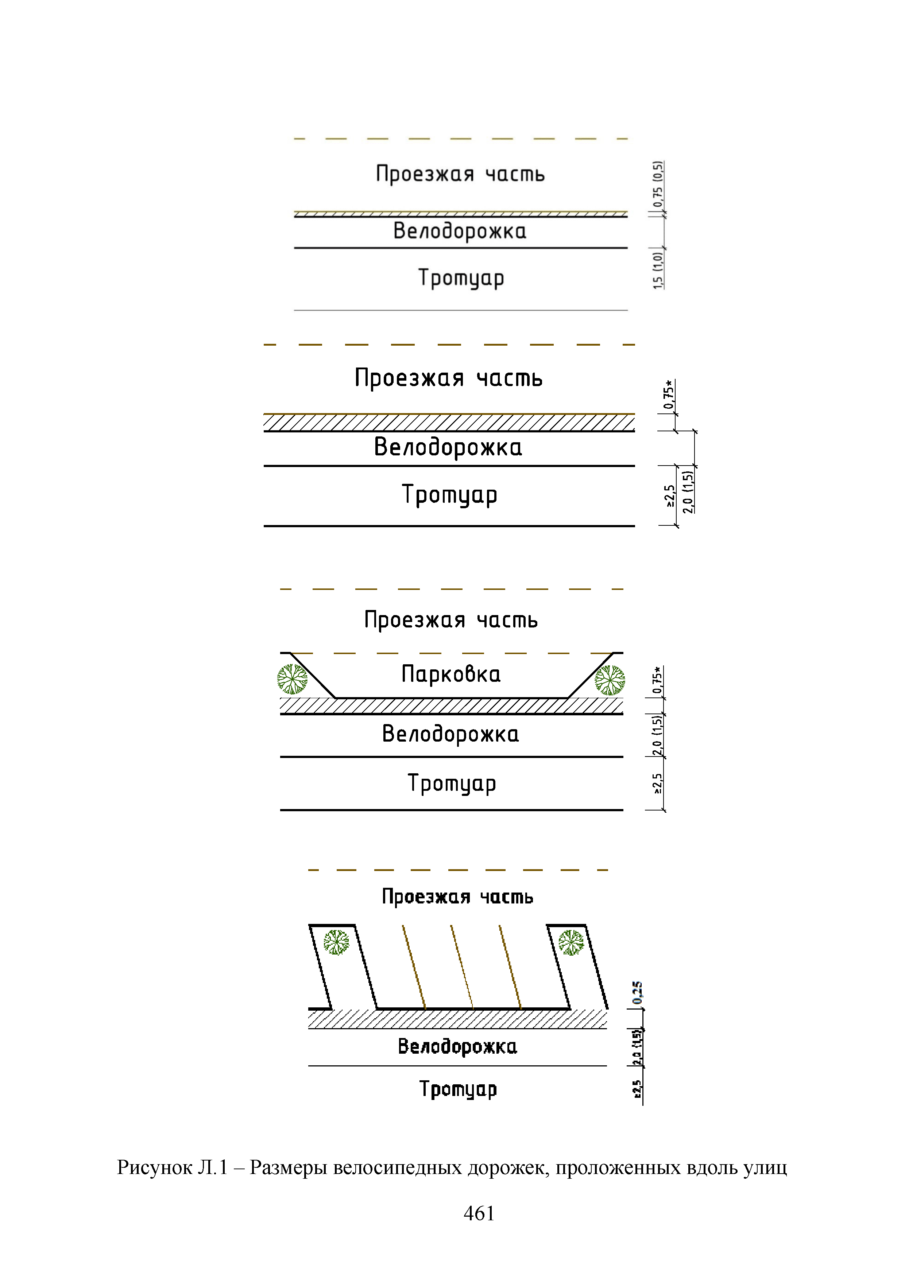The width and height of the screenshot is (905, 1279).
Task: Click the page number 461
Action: (479, 1213)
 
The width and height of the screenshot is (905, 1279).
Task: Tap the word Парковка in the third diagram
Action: (451, 674)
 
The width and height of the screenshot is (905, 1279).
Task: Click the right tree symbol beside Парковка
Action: (610, 680)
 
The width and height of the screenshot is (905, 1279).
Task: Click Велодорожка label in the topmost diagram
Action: (460, 231)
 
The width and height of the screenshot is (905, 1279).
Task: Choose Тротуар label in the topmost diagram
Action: (461, 278)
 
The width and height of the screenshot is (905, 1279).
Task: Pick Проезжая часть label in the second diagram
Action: (449, 378)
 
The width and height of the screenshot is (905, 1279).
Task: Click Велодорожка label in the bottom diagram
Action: (457, 1046)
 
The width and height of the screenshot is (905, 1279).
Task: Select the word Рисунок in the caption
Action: (154, 1167)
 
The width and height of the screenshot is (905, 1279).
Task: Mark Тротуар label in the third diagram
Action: (451, 783)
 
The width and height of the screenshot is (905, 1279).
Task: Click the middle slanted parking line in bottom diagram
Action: (461, 967)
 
